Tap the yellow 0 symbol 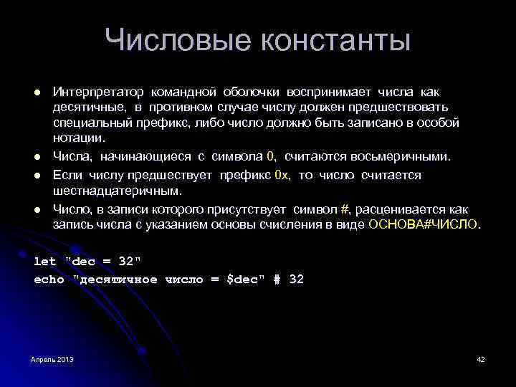point(270,156)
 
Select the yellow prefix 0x point(282,175)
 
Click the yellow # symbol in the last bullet point(344,209)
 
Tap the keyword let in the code point(45,261)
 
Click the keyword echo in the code point(49,279)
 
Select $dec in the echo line point(243,279)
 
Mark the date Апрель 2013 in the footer point(52,358)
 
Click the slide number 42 point(481,358)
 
